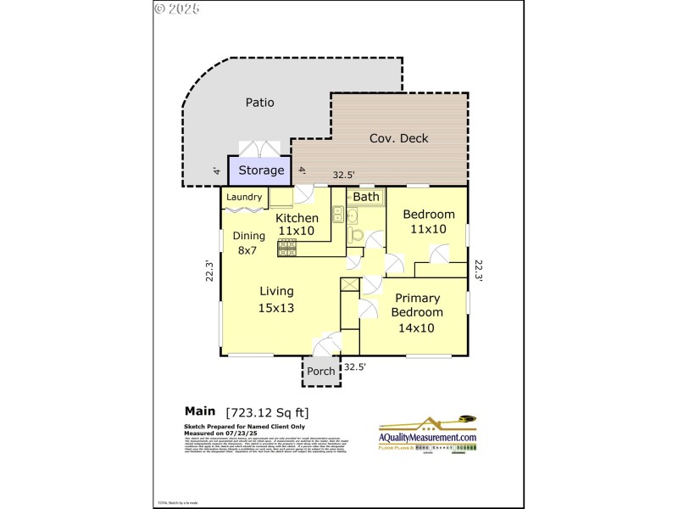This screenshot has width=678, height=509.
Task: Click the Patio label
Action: click(259, 103)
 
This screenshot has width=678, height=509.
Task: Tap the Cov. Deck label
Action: click(398, 138)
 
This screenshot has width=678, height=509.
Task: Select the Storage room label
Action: click(260, 171)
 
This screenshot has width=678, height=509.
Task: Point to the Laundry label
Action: click(244, 198)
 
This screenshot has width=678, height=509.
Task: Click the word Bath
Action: click(366, 197)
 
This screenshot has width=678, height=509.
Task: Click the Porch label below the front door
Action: click(320, 371)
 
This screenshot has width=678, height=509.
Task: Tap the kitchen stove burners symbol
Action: click(286, 248)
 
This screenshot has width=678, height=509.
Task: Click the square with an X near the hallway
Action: click(349, 285)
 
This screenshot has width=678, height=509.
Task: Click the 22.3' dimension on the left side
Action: click(208, 271)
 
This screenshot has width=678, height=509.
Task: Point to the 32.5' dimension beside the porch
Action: click(355, 367)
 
